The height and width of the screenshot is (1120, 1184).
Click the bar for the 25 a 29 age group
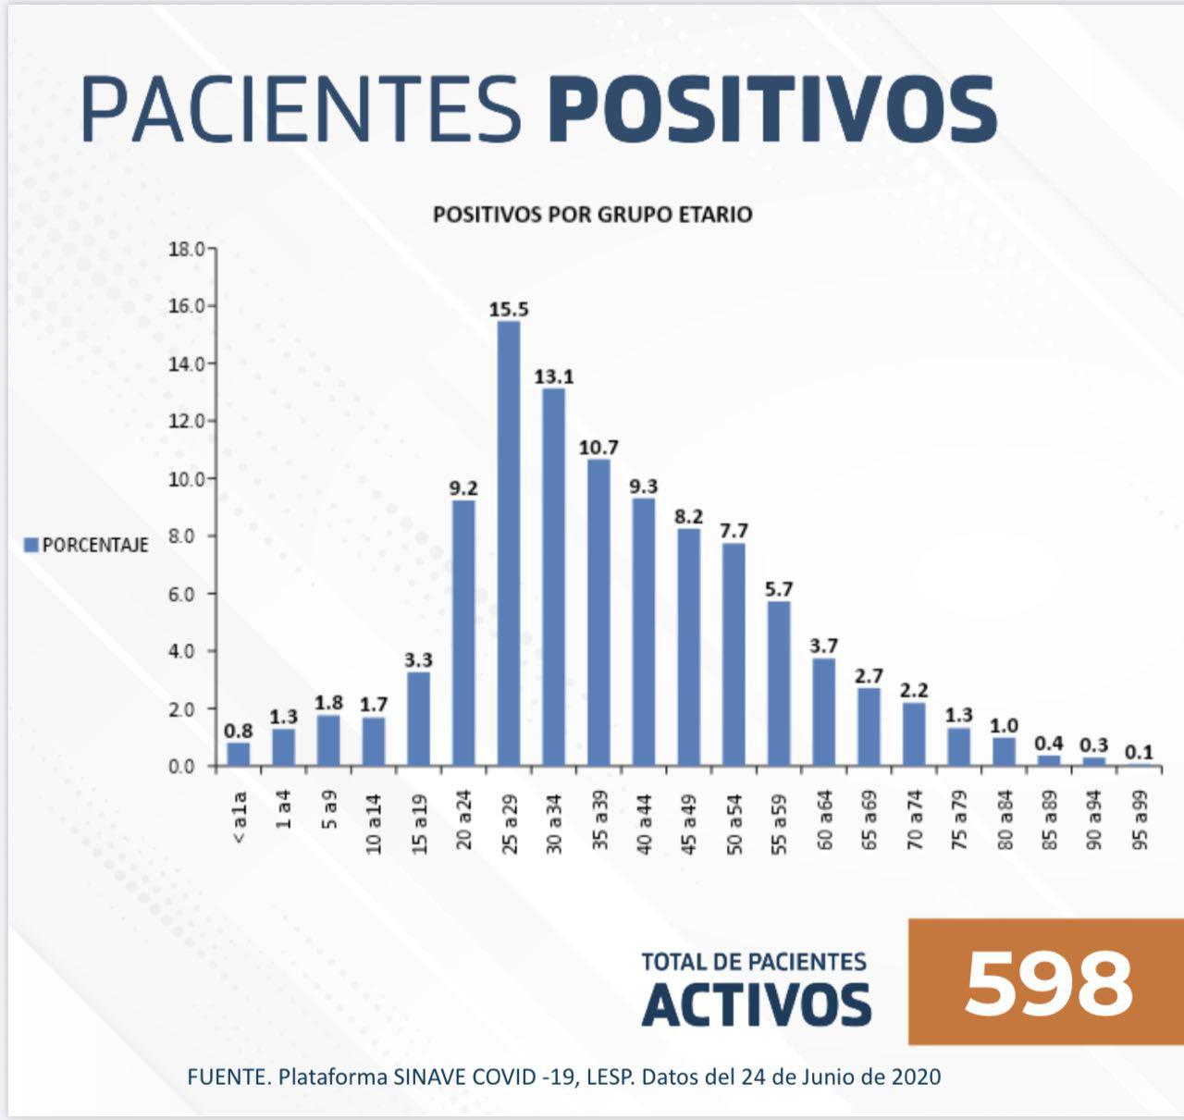[509, 544]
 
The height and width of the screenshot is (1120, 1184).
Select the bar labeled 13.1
[553, 577]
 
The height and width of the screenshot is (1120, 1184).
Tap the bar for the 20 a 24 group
[463, 634]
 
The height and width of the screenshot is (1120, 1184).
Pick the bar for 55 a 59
[779, 683]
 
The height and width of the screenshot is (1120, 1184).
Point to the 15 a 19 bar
[418, 719]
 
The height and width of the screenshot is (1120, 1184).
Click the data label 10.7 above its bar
[598, 448]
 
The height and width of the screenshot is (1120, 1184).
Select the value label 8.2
[688, 516]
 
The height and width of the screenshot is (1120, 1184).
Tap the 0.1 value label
[1139, 753]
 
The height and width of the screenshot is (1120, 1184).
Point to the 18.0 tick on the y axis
[186, 249]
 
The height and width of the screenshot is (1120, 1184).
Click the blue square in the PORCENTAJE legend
[31, 545]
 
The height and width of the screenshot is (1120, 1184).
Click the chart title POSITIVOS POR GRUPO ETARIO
[592, 215]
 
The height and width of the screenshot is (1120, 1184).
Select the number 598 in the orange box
[1047, 982]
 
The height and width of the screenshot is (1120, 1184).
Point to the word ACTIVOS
[756, 1004]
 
